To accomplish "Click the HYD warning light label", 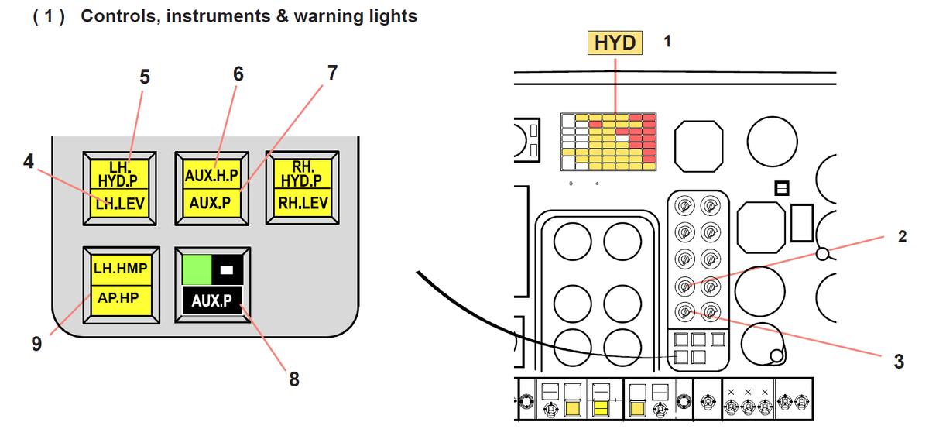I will point(615,42).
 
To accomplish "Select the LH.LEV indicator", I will point(118,204).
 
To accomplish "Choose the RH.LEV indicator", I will point(302,204).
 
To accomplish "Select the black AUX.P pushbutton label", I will point(211,301).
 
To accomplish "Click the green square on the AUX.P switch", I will point(196,269).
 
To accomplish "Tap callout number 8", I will point(293,379).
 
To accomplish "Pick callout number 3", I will point(898,361).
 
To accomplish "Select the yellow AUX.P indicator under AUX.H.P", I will point(211,204).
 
